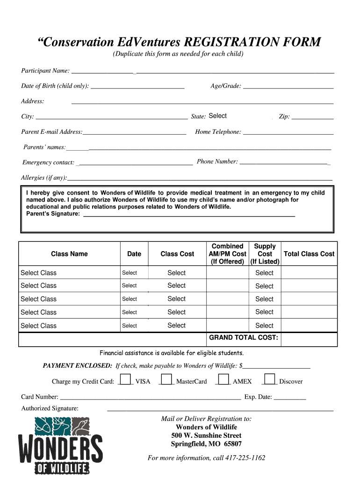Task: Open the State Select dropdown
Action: coord(217,116)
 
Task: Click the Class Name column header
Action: coord(69,254)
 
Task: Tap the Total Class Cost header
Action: coord(309,254)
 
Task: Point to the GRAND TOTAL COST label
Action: coord(243,338)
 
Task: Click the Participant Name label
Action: coord(45,71)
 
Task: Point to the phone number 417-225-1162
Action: coord(245,458)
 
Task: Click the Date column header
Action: coord(134,254)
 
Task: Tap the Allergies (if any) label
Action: coord(44,178)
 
